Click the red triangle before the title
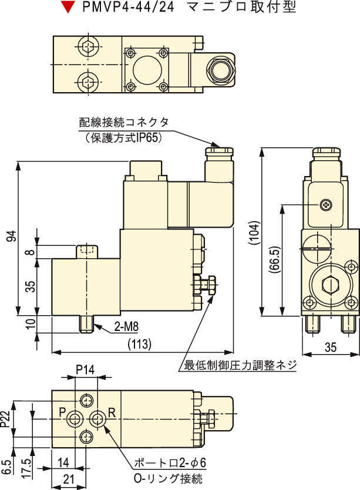click(x=69, y=8)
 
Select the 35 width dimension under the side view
click(x=331, y=347)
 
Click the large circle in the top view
click(x=146, y=71)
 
